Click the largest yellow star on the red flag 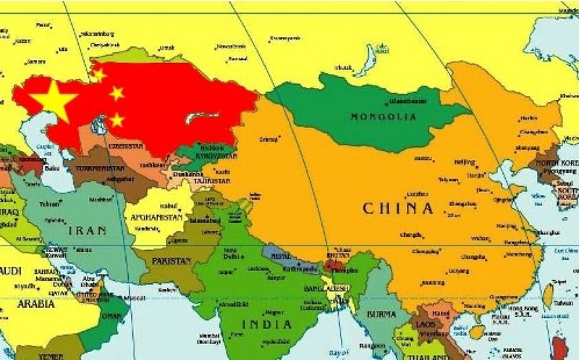pos(55,102)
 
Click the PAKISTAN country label pos(172,260)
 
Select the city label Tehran pos(51,204)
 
